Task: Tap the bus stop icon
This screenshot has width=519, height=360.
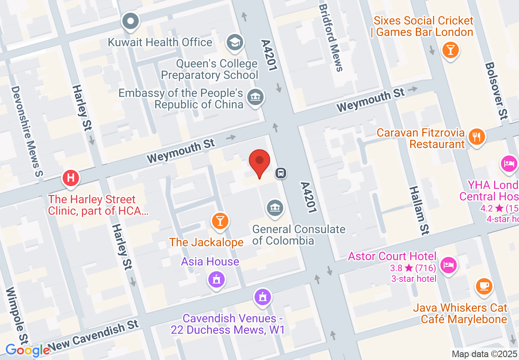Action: (x=281, y=173)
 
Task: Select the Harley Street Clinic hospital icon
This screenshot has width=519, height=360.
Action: (x=70, y=178)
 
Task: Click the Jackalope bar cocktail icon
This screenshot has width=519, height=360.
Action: (x=220, y=221)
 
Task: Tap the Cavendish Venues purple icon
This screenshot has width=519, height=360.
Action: (x=262, y=297)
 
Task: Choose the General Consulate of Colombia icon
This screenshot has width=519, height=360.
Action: (x=275, y=208)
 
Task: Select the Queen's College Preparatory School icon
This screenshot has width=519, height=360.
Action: (x=235, y=42)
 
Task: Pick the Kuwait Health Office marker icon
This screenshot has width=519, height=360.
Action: (x=131, y=20)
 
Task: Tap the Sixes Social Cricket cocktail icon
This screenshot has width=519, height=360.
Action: (x=450, y=50)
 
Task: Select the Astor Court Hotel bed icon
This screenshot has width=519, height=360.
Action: (x=449, y=265)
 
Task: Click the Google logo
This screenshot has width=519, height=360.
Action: (x=27, y=350)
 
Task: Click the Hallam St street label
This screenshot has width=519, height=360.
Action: (x=419, y=210)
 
